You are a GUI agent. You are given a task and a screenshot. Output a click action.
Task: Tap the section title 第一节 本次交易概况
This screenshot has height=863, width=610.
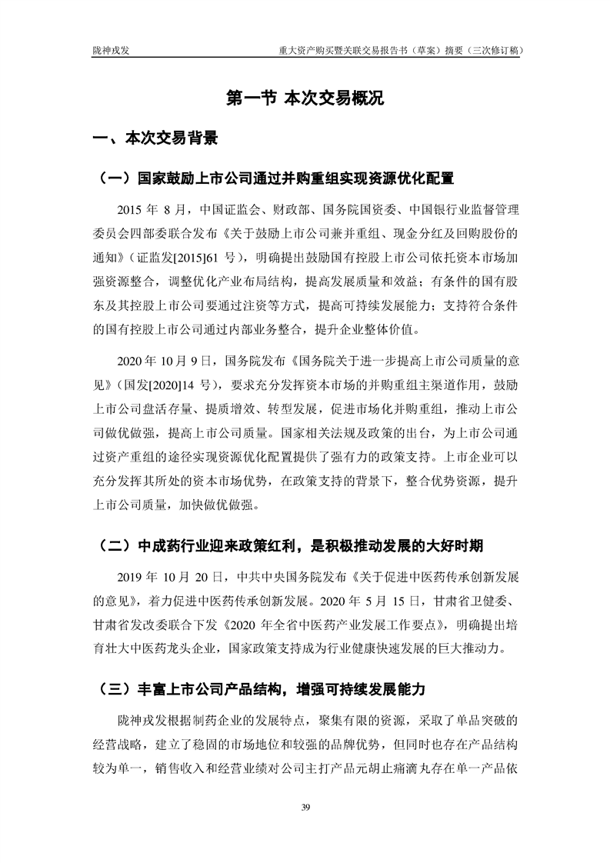pyautogui.click(x=305, y=98)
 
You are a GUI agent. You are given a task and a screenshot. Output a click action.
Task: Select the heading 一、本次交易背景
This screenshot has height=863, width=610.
pyautogui.click(x=154, y=138)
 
